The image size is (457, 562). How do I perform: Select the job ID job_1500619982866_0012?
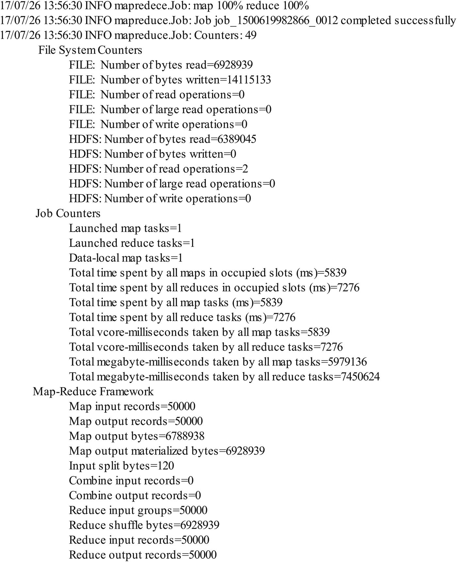click(276, 21)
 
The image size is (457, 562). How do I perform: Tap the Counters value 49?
click(250, 35)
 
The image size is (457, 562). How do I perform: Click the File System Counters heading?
click(90, 50)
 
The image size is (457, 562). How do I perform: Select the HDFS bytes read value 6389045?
click(237, 139)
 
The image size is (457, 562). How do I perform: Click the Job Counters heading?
click(68, 213)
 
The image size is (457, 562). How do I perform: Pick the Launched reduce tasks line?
click(132, 243)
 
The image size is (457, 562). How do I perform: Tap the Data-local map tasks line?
click(126, 258)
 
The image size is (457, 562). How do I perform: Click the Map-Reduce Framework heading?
click(93, 392)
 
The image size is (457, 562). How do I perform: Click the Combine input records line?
click(131, 481)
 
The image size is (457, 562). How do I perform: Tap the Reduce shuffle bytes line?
click(144, 525)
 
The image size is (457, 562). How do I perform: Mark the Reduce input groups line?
click(138, 510)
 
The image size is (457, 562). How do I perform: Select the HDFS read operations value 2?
click(245, 169)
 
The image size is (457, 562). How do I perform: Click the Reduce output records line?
click(143, 555)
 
